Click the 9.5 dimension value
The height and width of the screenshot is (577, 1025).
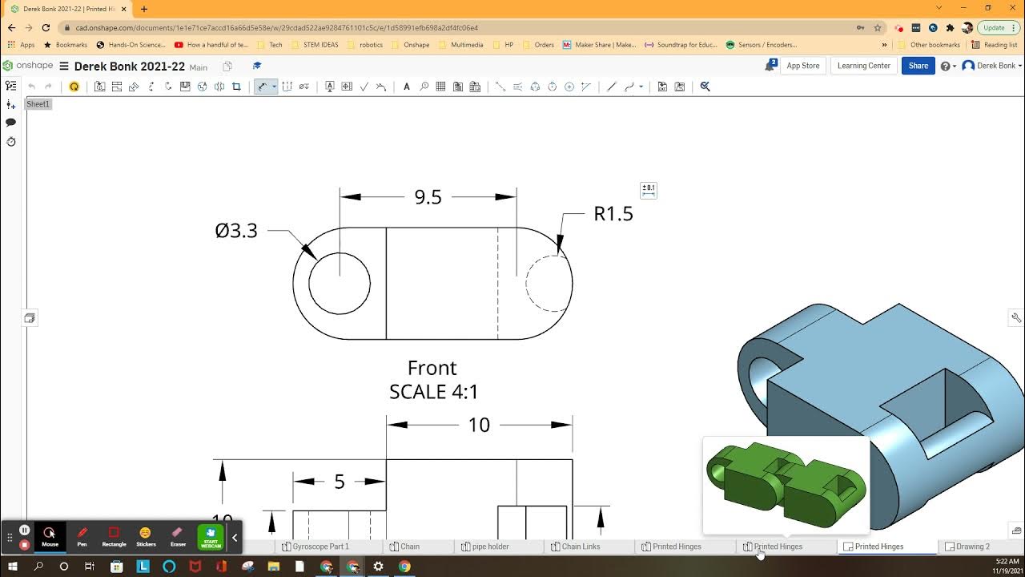428,197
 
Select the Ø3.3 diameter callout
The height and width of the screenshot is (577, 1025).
236,231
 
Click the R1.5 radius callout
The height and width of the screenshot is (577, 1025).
613,214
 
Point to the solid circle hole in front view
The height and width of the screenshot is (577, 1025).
340,283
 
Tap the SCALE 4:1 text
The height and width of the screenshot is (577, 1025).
433,392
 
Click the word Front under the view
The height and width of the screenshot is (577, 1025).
432,368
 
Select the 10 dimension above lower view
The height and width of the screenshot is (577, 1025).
479,425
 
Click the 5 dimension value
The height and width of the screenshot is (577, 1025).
340,482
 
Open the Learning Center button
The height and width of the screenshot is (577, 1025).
863,66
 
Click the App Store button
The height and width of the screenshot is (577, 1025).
802,66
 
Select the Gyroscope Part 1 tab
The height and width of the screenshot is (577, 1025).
320,547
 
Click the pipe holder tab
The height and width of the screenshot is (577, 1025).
490,547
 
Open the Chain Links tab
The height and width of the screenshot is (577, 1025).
581,547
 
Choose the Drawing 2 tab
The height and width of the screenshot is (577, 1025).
972,547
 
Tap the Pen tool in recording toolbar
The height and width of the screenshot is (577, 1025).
82,535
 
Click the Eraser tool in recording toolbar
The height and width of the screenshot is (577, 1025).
178,535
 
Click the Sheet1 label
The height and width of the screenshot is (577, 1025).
38,104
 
